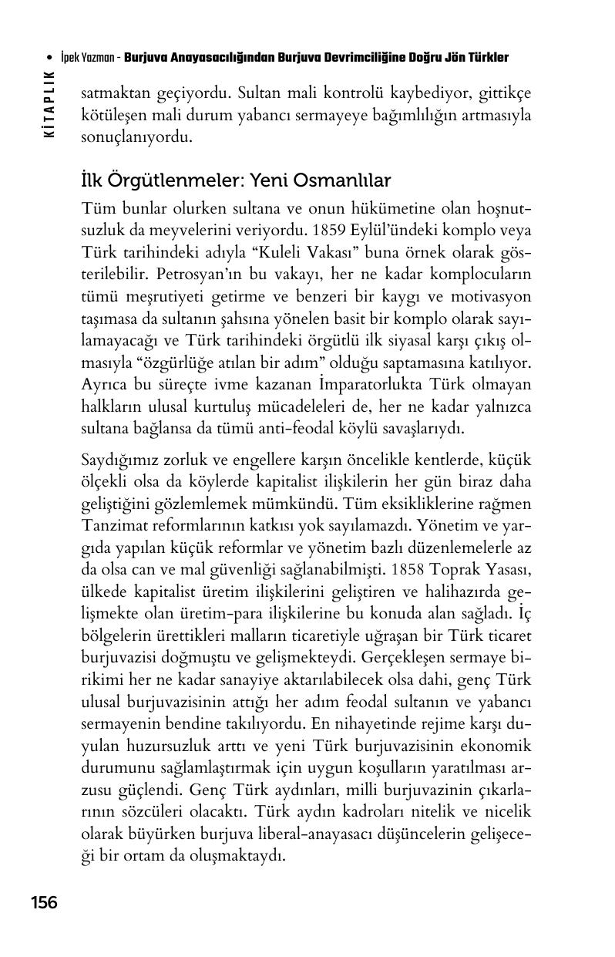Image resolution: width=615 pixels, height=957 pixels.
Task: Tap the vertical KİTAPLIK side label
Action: coord(50,103)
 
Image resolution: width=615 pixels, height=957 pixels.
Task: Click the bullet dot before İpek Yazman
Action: coord(49,59)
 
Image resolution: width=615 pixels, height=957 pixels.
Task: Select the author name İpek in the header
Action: coord(69,59)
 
